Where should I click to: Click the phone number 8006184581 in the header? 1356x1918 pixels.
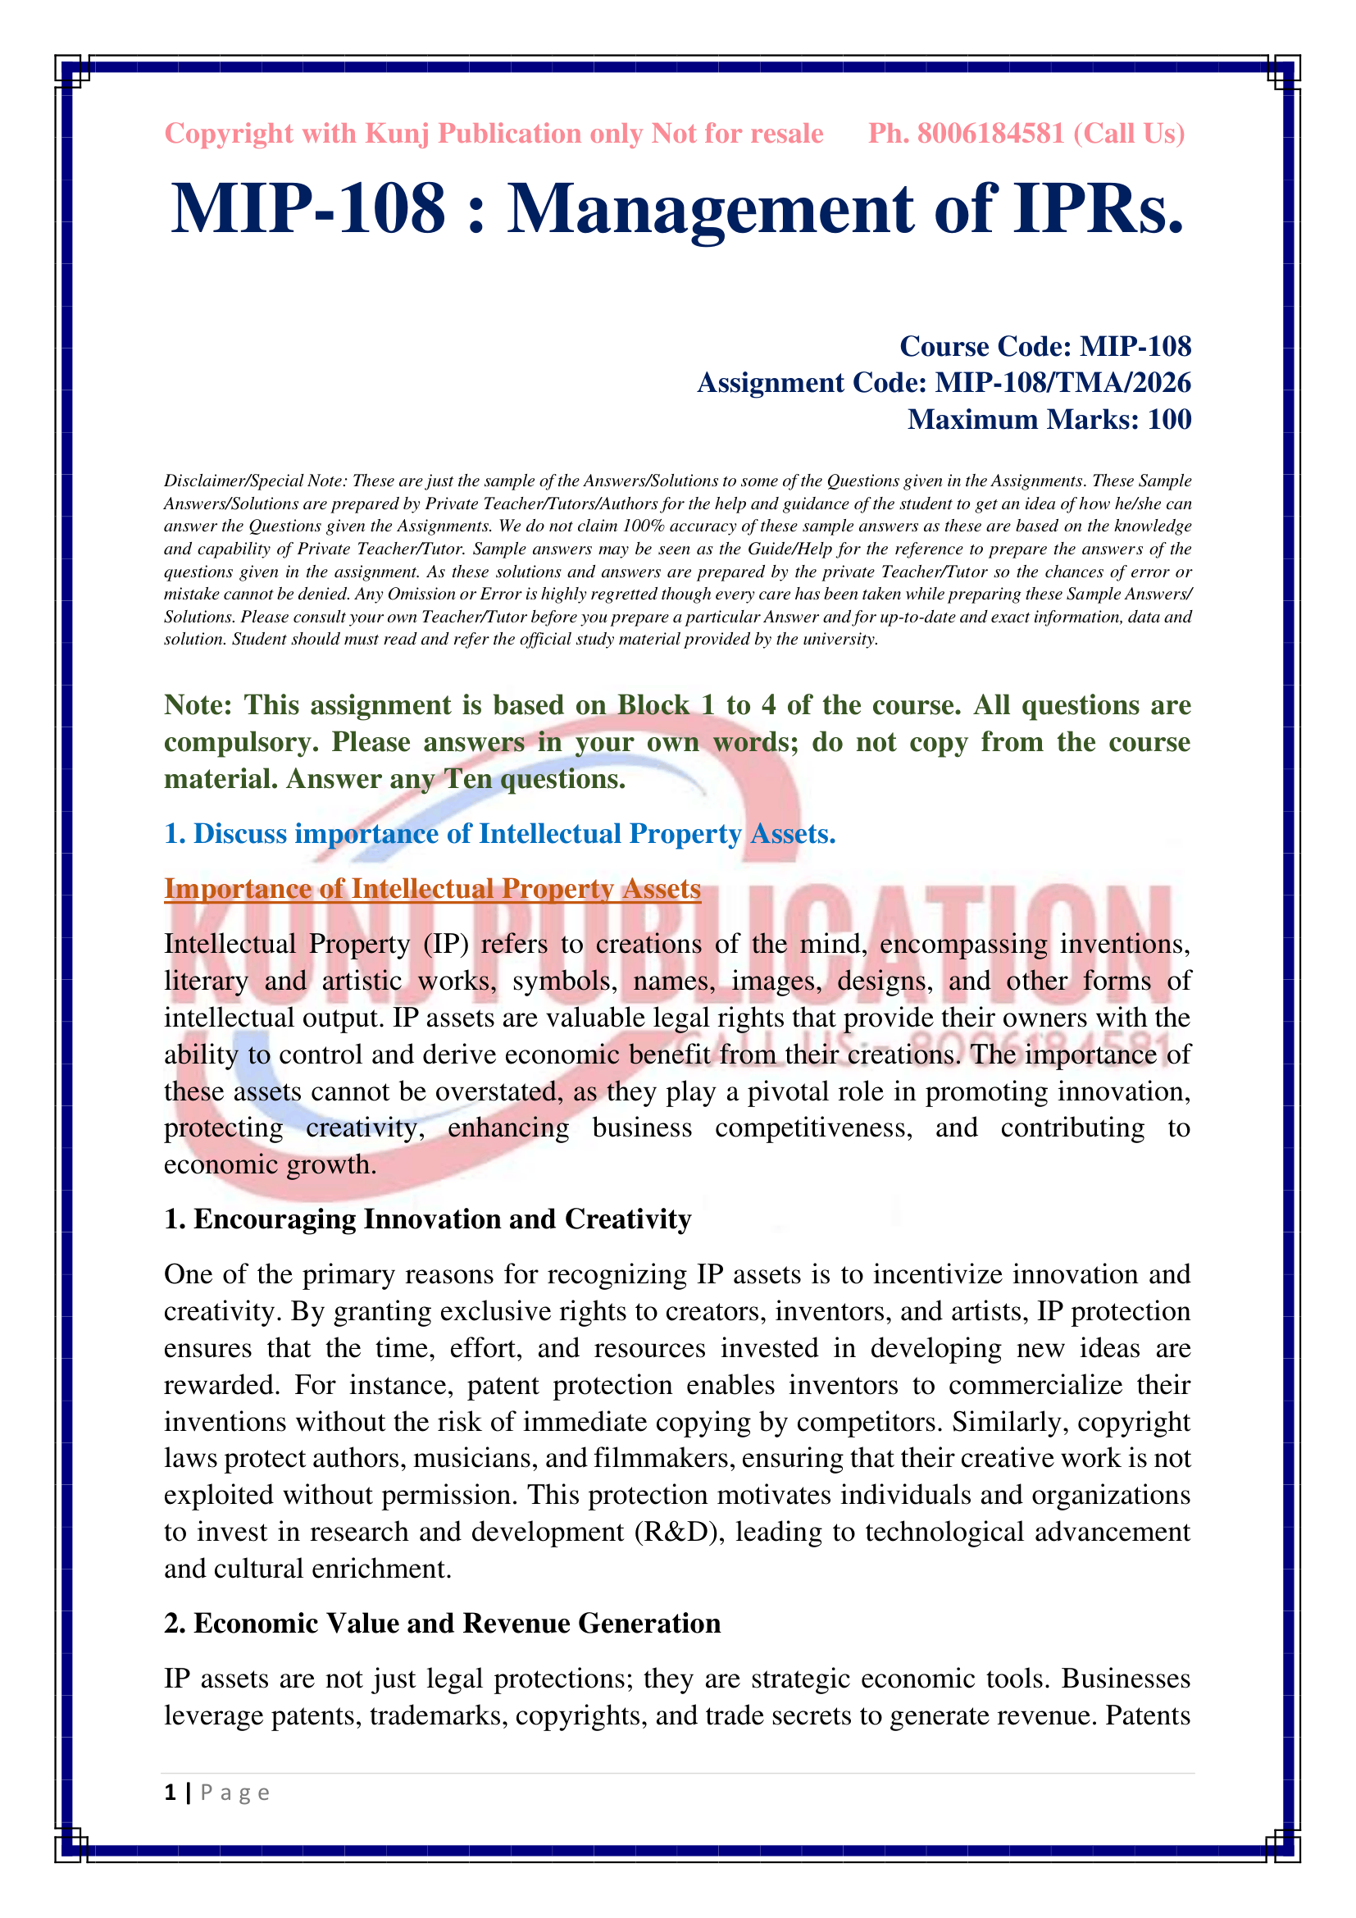990,134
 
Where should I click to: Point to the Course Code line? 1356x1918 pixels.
1044,346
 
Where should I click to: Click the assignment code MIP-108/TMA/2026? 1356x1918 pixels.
1062,383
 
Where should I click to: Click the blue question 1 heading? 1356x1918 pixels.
499,834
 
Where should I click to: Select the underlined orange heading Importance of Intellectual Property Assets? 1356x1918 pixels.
432,889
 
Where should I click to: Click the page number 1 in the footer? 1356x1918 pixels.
171,1793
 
